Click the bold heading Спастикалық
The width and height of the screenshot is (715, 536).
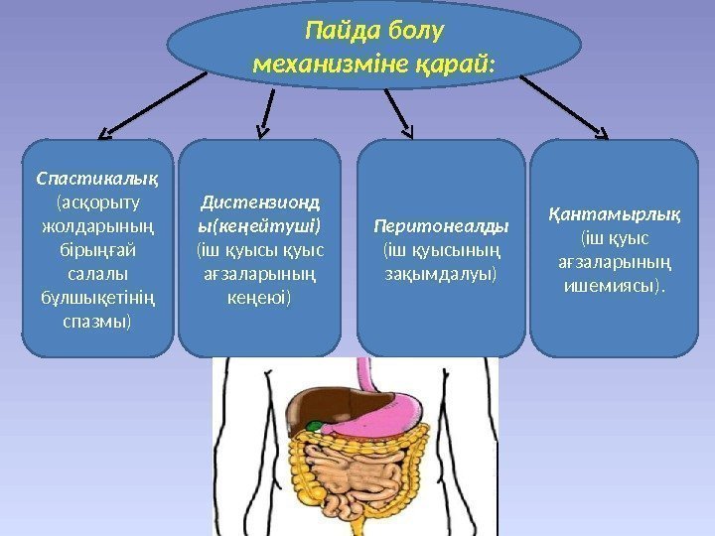[x=97, y=180]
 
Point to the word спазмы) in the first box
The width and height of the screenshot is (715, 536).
[x=96, y=323]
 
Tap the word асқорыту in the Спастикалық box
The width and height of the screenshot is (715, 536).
[x=99, y=203]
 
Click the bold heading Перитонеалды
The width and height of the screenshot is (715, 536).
[x=440, y=224]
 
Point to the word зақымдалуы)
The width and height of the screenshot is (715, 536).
[x=440, y=272]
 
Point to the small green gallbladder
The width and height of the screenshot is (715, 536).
[x=314, y=427]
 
